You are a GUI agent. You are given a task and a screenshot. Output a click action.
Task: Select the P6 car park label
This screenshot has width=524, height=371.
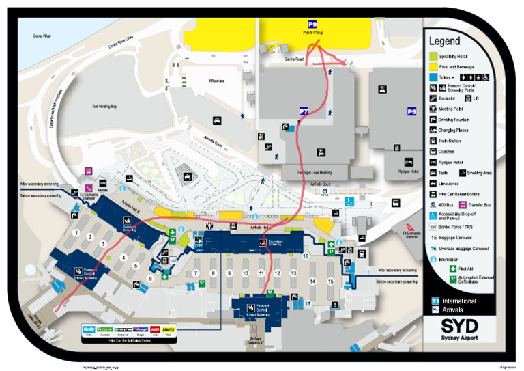click(411, 111)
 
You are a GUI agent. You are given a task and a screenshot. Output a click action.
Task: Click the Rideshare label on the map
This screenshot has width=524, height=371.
click(216, 81)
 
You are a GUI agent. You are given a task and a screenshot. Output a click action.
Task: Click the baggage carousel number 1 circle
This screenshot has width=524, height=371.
click(76, 233)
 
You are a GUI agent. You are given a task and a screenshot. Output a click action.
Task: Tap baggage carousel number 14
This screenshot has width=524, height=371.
click(312, 281)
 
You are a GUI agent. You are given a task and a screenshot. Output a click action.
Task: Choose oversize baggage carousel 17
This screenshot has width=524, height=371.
click(308, 303)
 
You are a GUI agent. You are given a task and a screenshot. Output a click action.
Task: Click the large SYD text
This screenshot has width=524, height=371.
click(459, 325)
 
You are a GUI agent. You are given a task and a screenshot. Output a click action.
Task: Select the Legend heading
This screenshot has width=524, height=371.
click(444, 41)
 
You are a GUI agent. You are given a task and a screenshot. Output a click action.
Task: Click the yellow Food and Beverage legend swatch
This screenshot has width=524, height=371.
click(433, 68)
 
